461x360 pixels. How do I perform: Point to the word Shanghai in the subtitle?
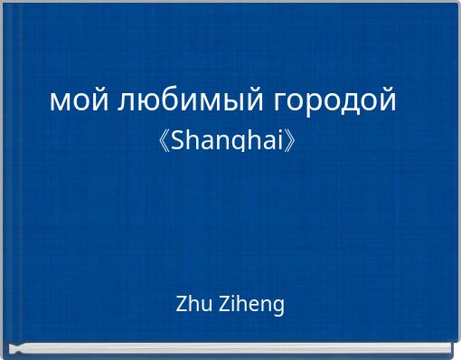(x=229, y=141)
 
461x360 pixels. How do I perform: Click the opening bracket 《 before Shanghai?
(x=163, y=142)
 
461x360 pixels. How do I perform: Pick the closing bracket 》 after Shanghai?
(x=296, y=142)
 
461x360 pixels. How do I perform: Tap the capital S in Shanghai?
(x=177, y=141)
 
